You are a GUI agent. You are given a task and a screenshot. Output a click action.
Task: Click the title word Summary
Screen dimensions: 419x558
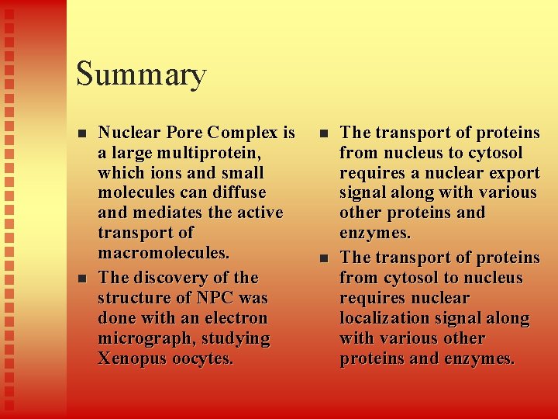pyautogui.click(x=141, y=74)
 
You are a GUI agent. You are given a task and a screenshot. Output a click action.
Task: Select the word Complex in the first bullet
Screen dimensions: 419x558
pyautogui.click(x=239, y=133)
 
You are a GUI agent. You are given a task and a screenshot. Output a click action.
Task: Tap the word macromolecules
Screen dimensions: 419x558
pyautogui.click(x=164, y=254)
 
